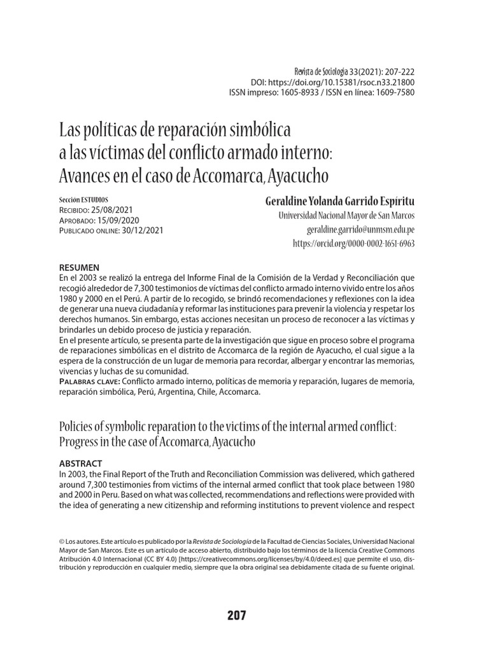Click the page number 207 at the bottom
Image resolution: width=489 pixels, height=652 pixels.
tap(236, 616)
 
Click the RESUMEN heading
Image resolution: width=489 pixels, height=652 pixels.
tap(79, 267)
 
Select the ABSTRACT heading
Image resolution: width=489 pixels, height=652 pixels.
tap(80, 463)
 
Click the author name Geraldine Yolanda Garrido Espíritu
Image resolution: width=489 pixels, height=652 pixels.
tap(339, 201)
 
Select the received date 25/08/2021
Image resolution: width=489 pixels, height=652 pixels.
tap(125, 209)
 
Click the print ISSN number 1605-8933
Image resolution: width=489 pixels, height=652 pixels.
tap(301, 92)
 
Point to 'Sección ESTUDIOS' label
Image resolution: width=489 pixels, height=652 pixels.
tap(83, 199)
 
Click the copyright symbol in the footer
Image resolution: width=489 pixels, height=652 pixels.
tap(62, 540)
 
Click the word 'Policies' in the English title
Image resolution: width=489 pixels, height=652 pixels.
tap(76, 425)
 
